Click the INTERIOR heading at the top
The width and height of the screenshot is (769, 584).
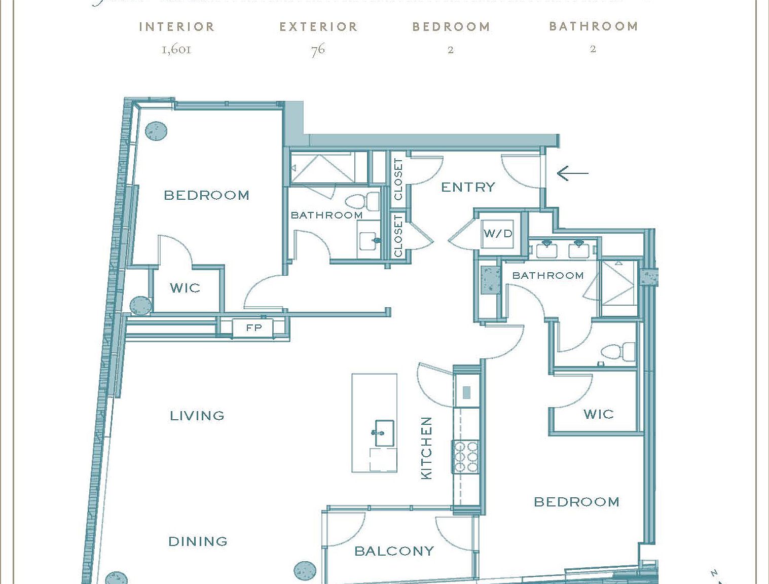tap(177, 27)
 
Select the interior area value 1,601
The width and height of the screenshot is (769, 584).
tap(176, 50)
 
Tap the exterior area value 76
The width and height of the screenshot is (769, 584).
tap(318, 50)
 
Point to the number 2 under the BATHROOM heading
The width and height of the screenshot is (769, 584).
tap(593, 49)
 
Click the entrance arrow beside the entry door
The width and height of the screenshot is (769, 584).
tap(573, 173)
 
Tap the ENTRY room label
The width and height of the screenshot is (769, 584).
tap(468, 187)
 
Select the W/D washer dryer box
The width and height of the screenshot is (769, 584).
tap(497, 234)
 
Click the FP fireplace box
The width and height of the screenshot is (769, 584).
tap(253, 328)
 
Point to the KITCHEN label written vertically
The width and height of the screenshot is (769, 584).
tap(427, 448)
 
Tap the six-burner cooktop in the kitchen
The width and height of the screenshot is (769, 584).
tap(466, 456)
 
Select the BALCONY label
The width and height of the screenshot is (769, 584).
tap(394, 551)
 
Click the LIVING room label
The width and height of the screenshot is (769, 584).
tap(197, 416)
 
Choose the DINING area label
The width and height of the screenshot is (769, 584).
tap(198, 541)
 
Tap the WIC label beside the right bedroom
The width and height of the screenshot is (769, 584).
tap(598, 414)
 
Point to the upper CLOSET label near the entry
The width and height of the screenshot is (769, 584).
tap(398, 179)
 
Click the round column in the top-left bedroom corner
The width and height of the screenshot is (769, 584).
tap(156, 131)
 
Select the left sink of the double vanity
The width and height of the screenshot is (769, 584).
tap(546, 249)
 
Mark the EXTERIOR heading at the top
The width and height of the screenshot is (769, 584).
tap(318, 27)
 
